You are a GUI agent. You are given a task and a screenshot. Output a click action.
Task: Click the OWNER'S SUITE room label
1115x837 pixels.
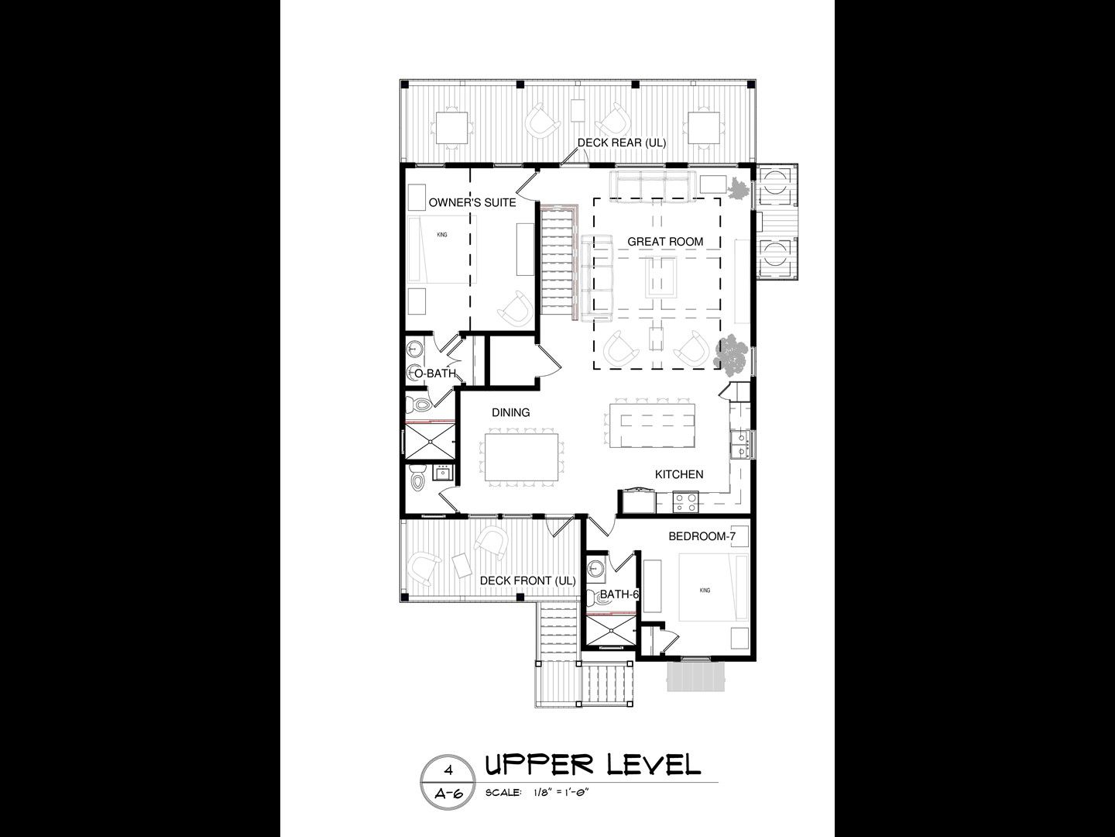click(472, 203)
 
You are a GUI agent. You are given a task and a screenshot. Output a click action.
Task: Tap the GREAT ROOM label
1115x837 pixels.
click(665, 242)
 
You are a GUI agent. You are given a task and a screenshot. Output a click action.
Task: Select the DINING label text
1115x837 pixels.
click(510, 412)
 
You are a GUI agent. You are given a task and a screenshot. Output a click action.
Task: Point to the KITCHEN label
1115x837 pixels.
click(678, 474)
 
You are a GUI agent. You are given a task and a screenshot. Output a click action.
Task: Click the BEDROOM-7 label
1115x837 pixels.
click(702, 536)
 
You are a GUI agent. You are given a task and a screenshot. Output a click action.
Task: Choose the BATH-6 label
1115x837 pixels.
click(619, 594)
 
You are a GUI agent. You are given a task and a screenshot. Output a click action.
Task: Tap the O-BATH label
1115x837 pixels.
click(435, 374)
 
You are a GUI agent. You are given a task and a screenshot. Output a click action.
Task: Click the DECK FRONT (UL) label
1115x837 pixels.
click(528, 580)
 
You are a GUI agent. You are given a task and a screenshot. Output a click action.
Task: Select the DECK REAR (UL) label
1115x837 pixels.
click(622, 143)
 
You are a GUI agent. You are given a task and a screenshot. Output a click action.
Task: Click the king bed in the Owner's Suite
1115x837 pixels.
click(442, 249)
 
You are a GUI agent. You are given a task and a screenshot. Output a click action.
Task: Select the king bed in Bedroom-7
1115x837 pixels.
click(713, 587)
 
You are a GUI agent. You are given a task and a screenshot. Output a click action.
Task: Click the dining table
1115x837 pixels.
click(521, 457)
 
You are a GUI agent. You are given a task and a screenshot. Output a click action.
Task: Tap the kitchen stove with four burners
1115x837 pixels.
click(685, 501)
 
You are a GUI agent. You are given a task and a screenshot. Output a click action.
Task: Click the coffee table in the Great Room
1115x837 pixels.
click(661, 277)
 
